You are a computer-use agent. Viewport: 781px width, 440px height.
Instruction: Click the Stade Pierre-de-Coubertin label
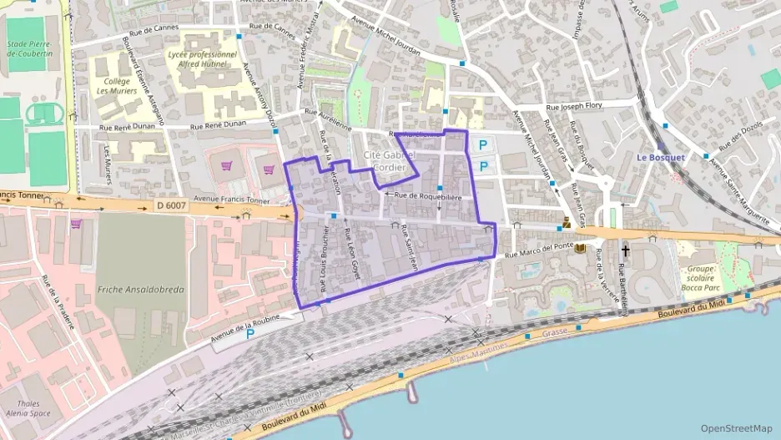click(29, 48)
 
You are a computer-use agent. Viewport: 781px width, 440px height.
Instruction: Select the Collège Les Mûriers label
click(115, 86)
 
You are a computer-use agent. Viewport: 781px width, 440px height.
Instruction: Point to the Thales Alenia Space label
click(28, 407)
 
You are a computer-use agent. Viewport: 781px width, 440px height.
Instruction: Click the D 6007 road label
click(173, 205)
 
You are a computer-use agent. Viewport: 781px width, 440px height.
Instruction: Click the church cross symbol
click(625, 250)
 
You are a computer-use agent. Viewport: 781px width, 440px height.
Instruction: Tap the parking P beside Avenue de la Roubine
click(250, 334)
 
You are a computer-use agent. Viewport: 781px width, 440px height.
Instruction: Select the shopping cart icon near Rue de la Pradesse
click(76, 223)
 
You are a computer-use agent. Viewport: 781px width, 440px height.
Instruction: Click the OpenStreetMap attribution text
click(736, 428)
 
